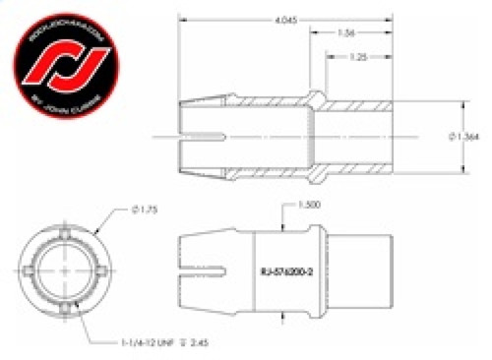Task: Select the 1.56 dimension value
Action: click(x=346, y=34)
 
